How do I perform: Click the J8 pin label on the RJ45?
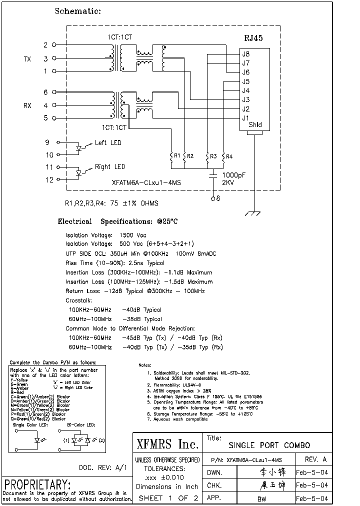click(245, 54)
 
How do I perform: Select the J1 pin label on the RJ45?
click(245, 118)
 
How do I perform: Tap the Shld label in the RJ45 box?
click(255, 125)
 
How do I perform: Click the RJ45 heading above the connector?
click(253, 38)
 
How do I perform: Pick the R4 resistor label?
click(229, 156)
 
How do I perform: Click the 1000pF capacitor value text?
click(235, 175)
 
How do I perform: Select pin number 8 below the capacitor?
click(218, 198)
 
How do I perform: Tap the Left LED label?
click(108, 143)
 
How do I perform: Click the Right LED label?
click(110, 167)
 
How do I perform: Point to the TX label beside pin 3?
click(27, 59)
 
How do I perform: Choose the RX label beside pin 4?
click(27, 105)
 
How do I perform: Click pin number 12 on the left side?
click(49, 180)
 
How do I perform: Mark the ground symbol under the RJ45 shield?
click(254, 213)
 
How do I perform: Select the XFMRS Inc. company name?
click(167, 443)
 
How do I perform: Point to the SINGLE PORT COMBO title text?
click(269, 445)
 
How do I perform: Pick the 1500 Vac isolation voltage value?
click(133, 235)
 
